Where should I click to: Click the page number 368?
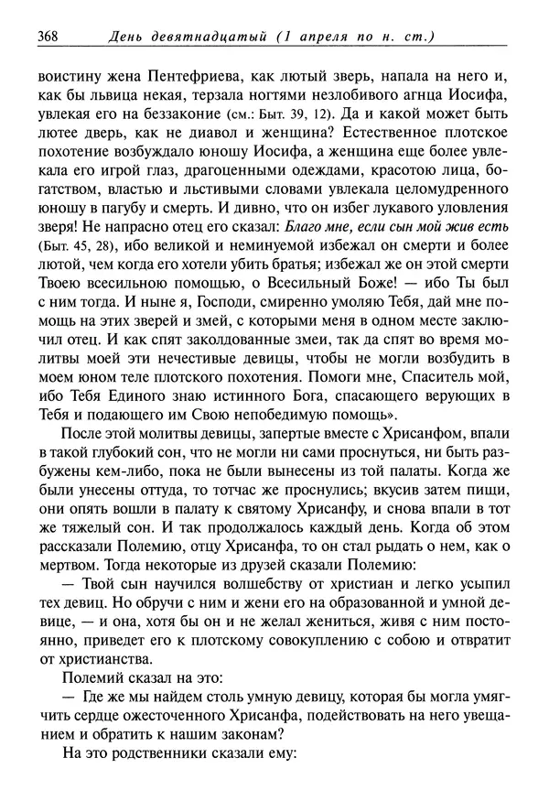point(47,38)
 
